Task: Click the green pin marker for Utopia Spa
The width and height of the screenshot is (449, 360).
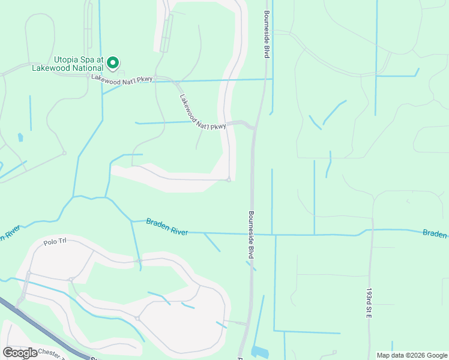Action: (113, 63)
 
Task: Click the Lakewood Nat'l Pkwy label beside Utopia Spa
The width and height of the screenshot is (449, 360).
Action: (123, 78)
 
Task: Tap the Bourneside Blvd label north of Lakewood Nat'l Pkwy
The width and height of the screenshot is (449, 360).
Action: (265, 34)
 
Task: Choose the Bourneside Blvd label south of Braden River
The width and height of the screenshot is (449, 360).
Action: (252, 235)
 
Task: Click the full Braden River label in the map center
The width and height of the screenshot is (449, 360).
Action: (167, 227)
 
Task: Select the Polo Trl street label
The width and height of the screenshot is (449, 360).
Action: (53, 243)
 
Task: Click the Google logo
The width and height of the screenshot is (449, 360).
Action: (20, 352)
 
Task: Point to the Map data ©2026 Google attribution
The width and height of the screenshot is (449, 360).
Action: (412, 355)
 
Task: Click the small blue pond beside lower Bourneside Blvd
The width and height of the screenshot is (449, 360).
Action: (260, 352)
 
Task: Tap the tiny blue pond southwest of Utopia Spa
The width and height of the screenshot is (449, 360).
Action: (20, 137)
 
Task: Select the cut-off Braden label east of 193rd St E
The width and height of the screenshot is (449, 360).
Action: (435, 233)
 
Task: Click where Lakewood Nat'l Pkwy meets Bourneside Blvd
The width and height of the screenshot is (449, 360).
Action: (255, 127)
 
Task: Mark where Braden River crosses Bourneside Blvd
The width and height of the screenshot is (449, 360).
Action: (252, 233)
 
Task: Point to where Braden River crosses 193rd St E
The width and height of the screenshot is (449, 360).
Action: (371, 230)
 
